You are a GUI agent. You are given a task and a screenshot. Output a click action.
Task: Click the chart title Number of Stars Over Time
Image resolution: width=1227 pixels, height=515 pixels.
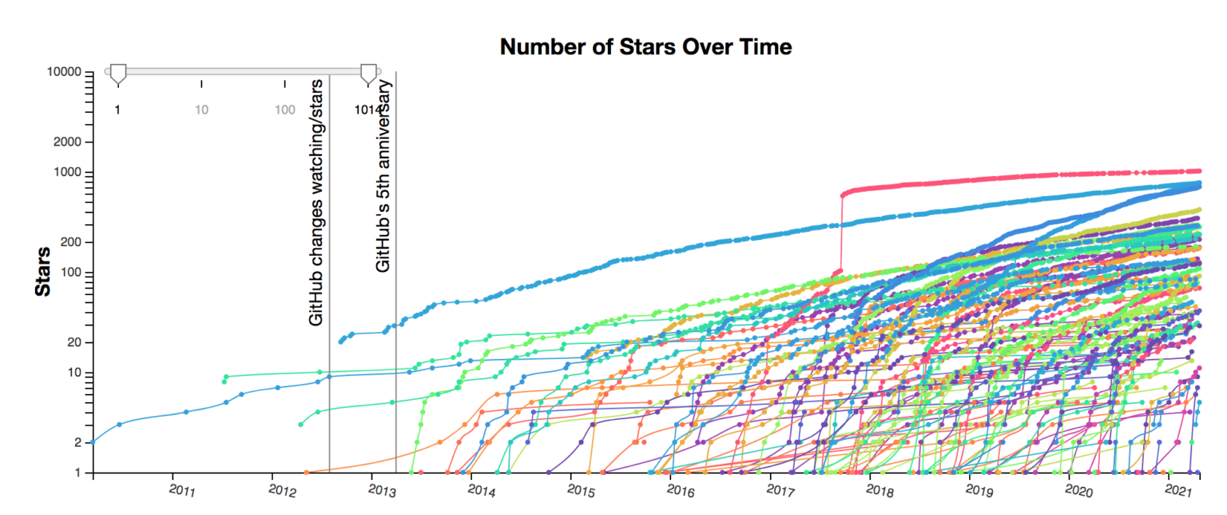(645, 47)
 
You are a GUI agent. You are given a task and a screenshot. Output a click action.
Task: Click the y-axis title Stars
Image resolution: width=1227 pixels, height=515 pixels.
(43, 272)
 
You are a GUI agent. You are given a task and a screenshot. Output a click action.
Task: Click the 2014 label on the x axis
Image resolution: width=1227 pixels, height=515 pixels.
(482, 489)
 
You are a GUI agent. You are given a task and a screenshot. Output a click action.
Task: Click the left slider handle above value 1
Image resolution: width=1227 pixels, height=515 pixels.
(117, 74)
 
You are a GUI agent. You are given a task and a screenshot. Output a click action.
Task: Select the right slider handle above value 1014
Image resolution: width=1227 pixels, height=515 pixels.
(368, 74)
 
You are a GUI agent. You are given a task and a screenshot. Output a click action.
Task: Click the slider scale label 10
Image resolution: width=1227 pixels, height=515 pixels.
(201, 110)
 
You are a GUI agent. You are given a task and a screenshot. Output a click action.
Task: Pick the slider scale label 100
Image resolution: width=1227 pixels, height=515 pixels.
(285, 110)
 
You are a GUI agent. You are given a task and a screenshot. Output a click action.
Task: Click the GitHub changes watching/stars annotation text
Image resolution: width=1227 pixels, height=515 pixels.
(316, 202)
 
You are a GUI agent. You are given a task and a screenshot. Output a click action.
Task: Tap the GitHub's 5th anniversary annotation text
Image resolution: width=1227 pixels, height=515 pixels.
(383, 176)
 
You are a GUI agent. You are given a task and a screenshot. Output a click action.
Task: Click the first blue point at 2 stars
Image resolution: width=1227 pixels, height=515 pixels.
(93, 442)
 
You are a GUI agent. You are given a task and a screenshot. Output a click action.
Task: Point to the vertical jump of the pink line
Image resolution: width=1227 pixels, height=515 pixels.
(841, 232)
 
